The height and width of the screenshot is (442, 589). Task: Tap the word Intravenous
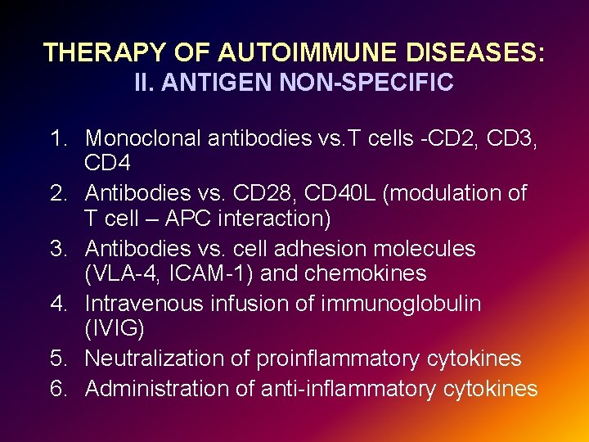tap(144, 304)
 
